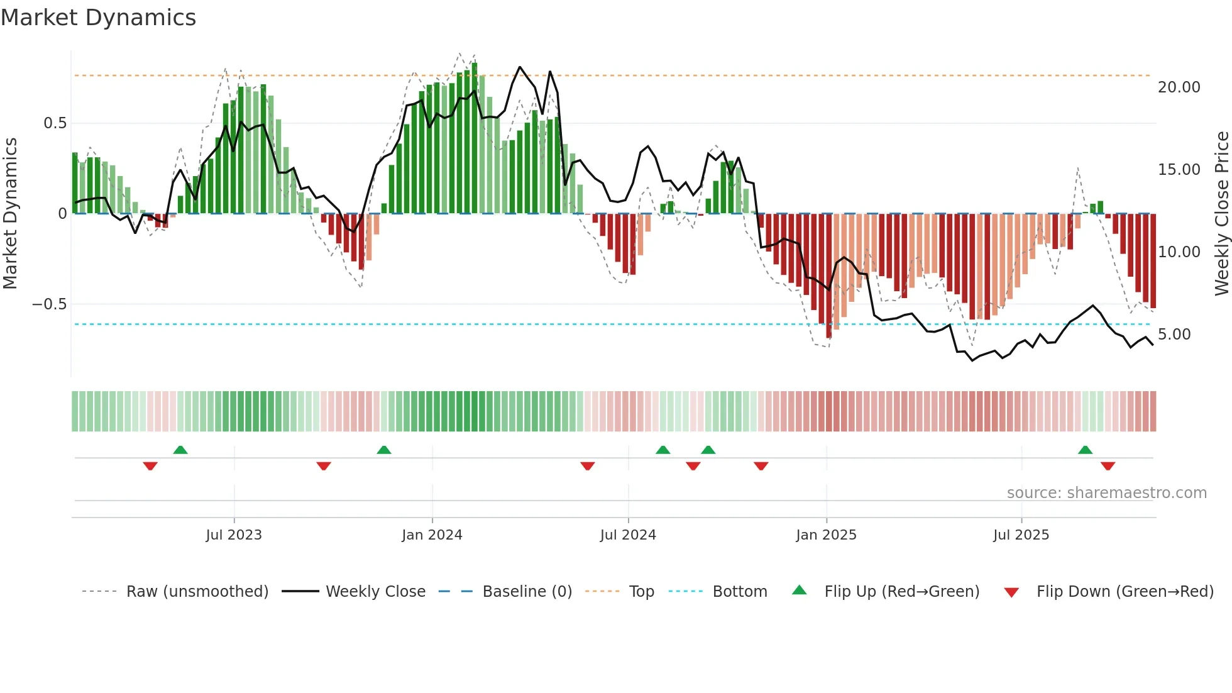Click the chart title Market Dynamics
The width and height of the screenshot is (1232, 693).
point(98,18)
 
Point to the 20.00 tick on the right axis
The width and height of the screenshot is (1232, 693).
point(1179,87)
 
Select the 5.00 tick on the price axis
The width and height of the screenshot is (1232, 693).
point(1174,335)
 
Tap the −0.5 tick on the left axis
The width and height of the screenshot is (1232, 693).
point(49,304)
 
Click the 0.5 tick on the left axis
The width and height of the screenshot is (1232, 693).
point(55,123)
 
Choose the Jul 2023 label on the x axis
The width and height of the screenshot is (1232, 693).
point(234,535)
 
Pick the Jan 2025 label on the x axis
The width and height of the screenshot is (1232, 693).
point(826,535)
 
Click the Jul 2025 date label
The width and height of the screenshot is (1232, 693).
point(1021,535)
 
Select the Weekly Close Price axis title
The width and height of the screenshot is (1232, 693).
point(1221,214)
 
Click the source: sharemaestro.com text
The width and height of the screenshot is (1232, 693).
point(1106,493)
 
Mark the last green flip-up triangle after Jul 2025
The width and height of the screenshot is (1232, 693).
point(1085,450)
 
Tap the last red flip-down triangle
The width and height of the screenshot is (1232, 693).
point(1108,466)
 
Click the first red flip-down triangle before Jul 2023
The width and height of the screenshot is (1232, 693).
point(150,466)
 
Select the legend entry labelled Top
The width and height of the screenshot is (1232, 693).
point(641,592)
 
